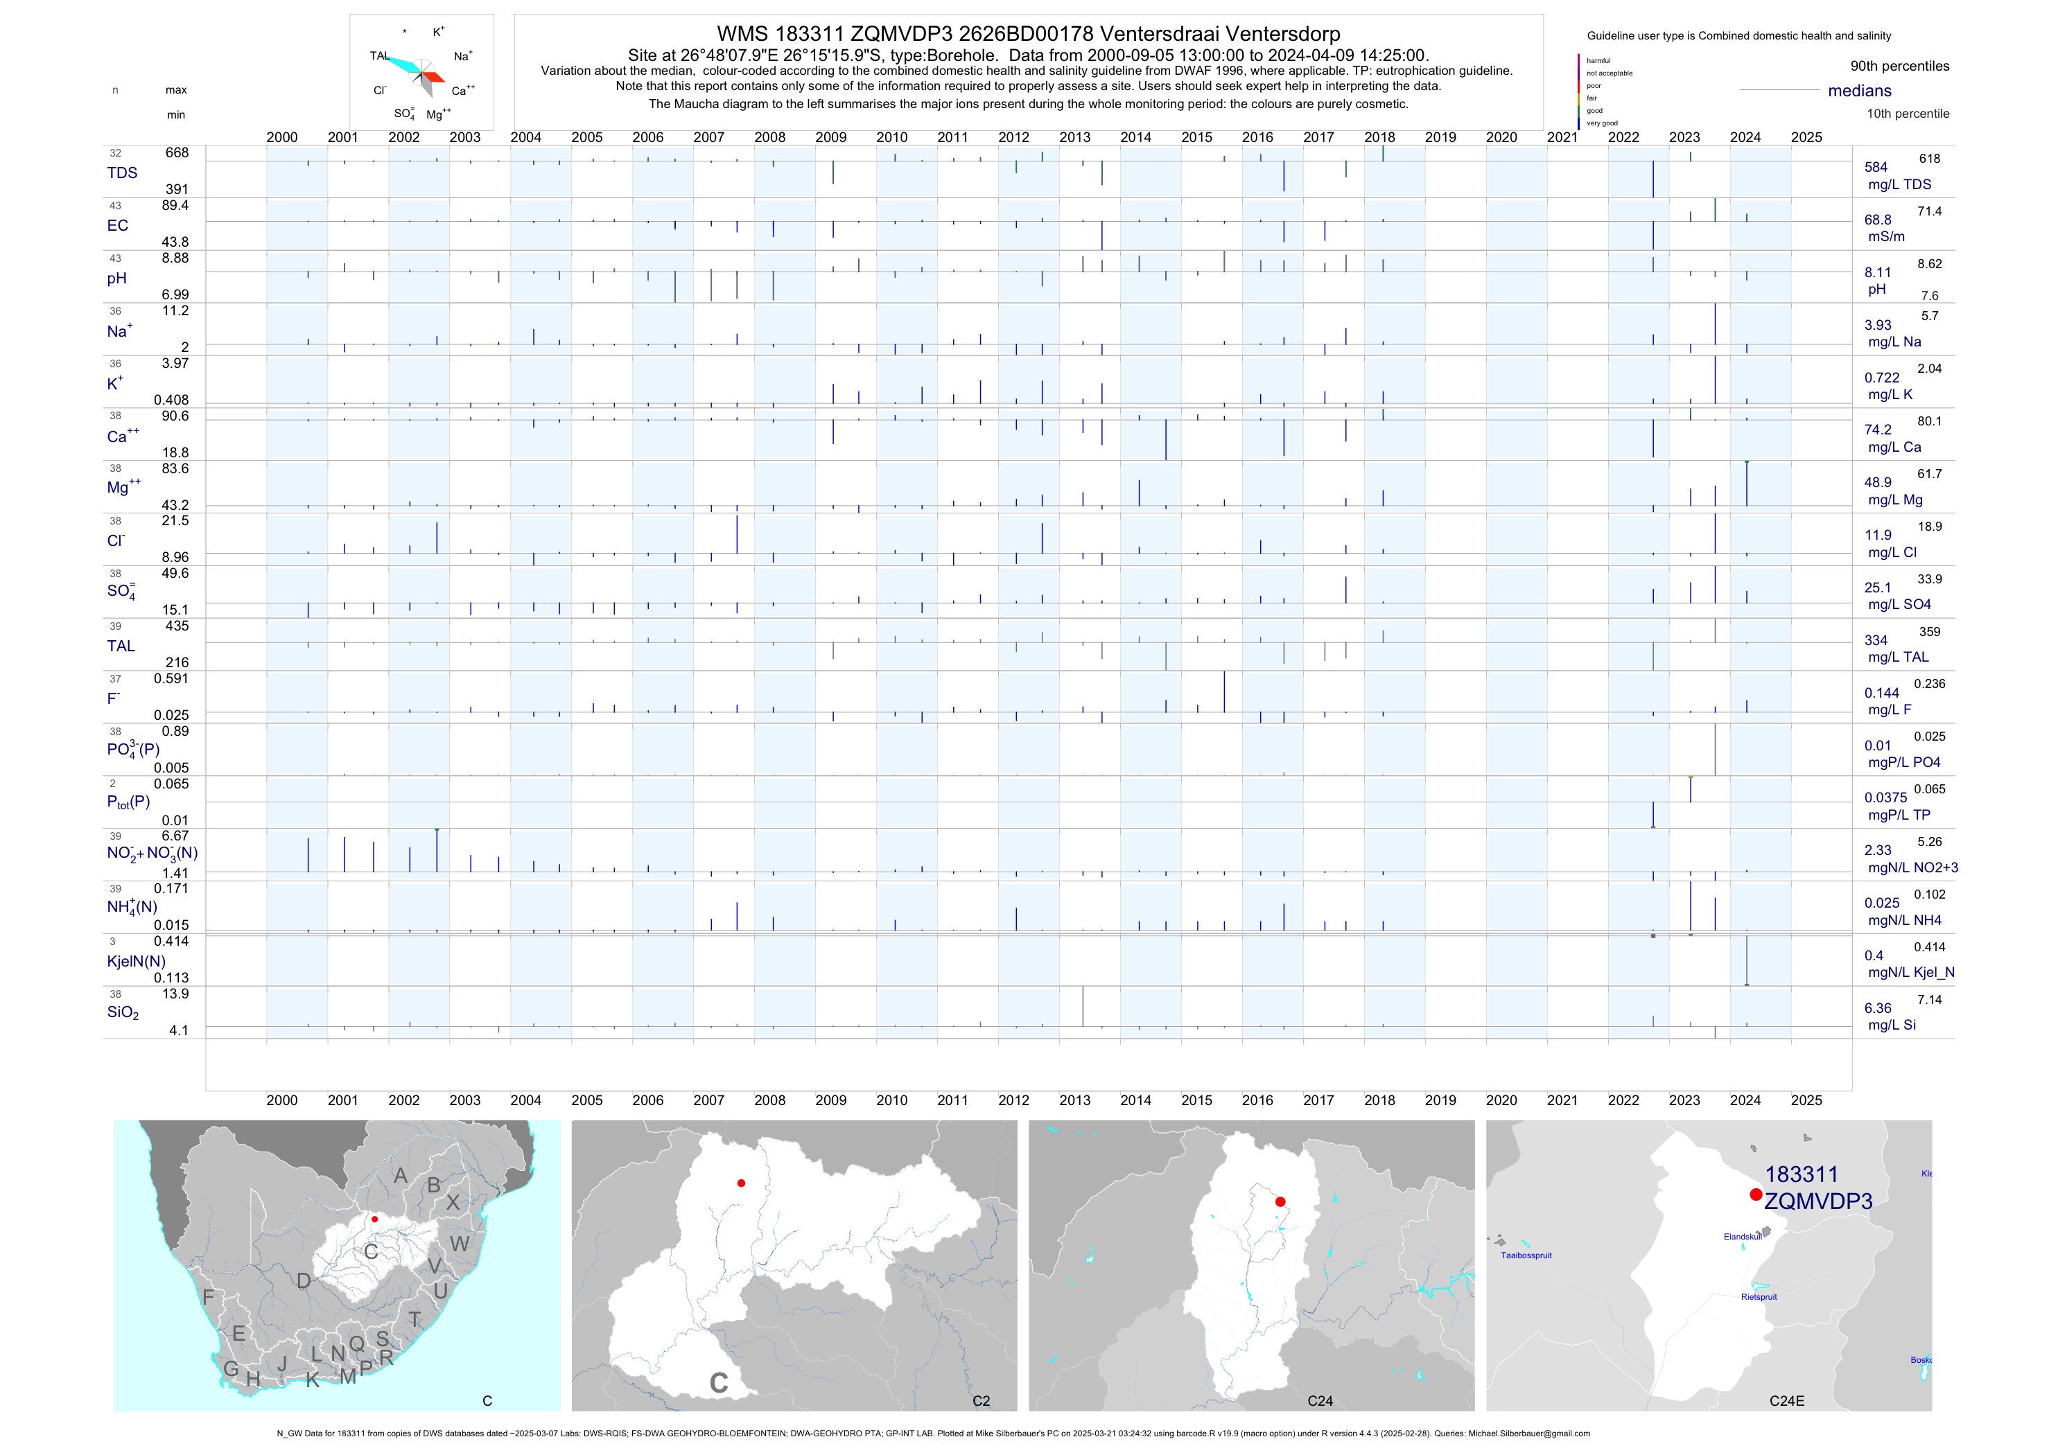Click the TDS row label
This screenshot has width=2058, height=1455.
122,173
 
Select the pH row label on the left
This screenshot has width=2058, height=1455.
116,279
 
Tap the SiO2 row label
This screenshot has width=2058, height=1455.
123,1012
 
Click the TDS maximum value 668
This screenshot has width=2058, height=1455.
177,153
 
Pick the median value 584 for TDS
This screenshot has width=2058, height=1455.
1876,168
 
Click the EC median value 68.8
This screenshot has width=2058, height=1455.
1878,220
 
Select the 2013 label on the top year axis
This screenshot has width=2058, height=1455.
1074,138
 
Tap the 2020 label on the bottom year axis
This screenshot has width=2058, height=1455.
1501,1100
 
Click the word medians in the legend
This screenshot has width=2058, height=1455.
1860,91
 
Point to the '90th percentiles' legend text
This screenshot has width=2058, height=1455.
1899,67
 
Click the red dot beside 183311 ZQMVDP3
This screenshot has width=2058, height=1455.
1755,1194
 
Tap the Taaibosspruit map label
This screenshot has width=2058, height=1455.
1526,1255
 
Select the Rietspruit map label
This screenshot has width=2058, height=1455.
1759,1296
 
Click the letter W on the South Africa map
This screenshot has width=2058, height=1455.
460,1244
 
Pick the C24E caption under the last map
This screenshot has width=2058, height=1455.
1786,1401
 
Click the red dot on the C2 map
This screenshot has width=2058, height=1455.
741,1183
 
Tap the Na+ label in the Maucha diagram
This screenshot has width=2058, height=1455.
462,56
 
